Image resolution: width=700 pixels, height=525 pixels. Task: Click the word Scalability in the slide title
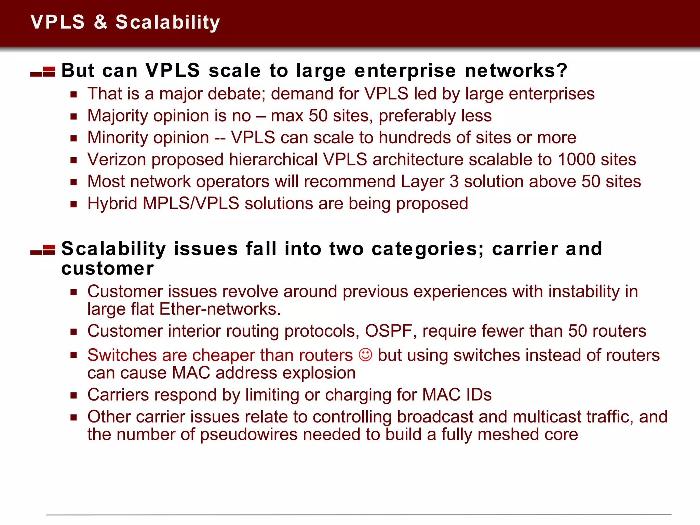pyautogui.click(x=167, y=23)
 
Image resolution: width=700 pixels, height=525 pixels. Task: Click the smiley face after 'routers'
pyautogui.click(x=365, y=355)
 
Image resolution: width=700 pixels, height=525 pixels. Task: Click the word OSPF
pyautogui.click(x=388, y=331)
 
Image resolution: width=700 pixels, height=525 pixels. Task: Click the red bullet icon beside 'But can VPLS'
pyautogui.click(x=43, y=72)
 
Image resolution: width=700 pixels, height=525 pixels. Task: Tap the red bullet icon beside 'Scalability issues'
pyautogui.click(x=43, y=250)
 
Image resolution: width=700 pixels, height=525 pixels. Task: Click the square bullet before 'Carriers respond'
pyautogui.click(x=73, y=395)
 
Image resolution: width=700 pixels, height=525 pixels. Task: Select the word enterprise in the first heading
pyautogui.click(x=405, y=71)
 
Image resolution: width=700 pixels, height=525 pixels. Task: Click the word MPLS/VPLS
pyautogui.click(x=191, y=204)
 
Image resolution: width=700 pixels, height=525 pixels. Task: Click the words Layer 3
pyautogui.click(x=429, y=181)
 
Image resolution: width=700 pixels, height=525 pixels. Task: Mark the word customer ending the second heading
pyautogui.click(x=108, y=269)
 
